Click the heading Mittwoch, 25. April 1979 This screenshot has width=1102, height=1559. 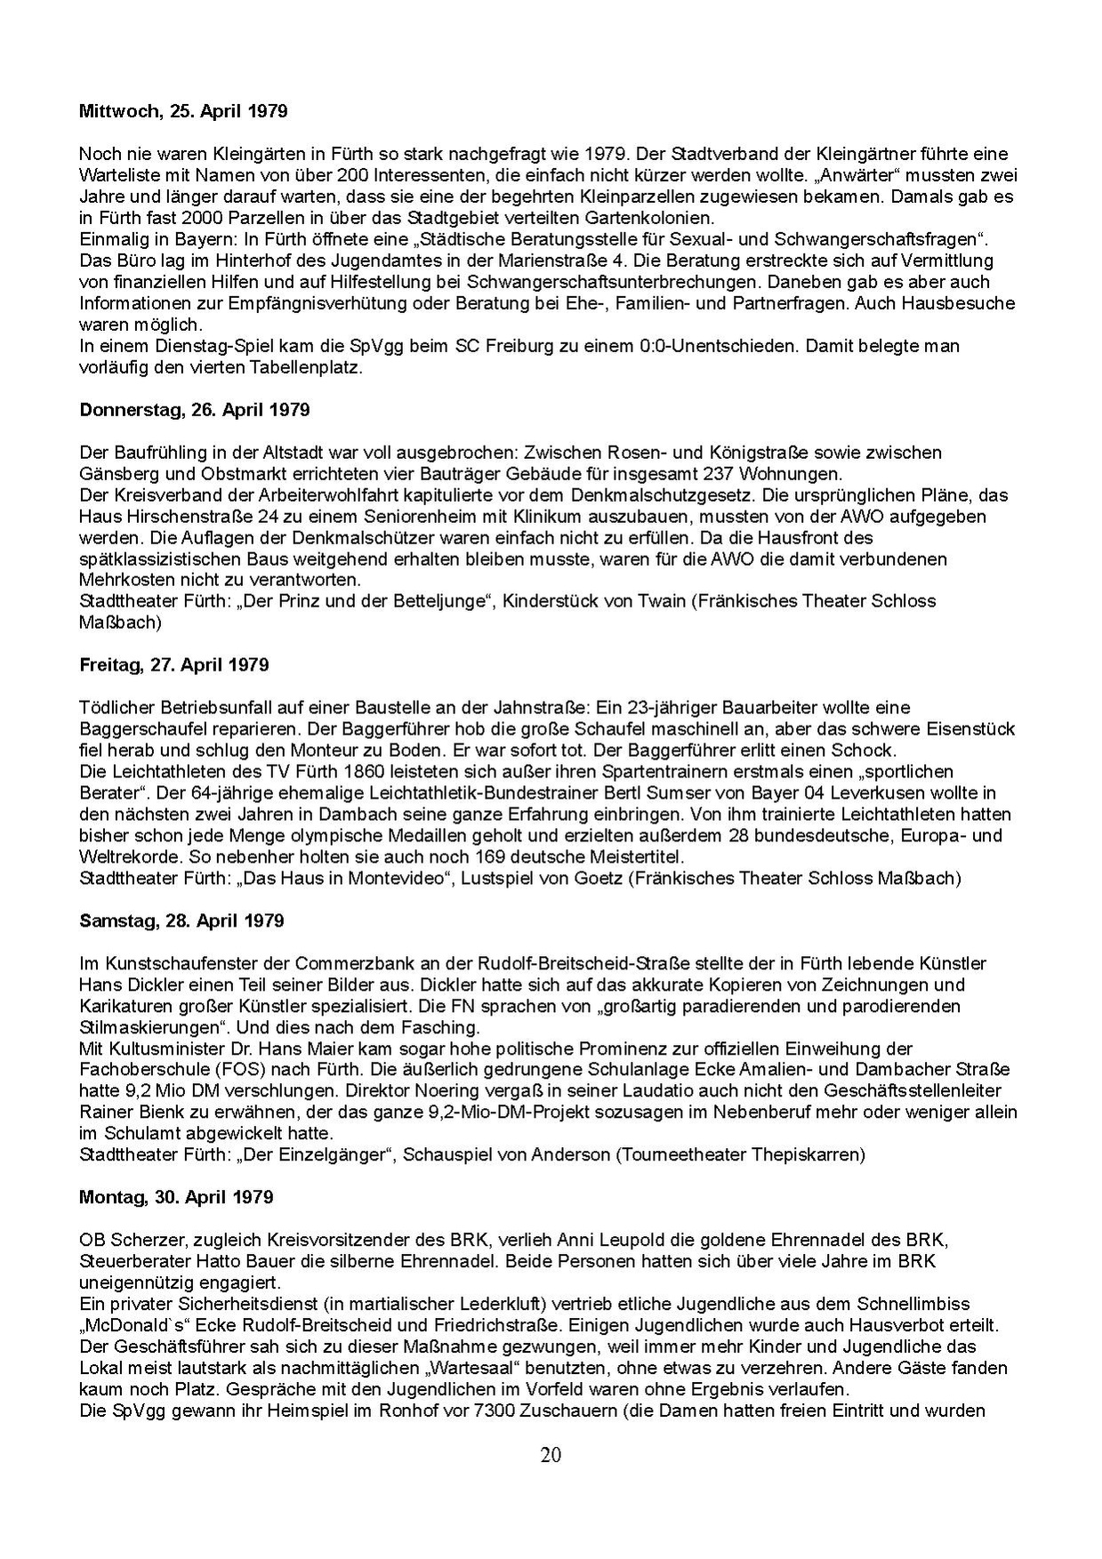pos(183,112)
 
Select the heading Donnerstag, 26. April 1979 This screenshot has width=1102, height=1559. pos(195,410)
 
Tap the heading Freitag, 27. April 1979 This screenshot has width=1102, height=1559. pos(173,665)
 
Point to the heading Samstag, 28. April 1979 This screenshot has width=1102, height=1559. pos(181,920)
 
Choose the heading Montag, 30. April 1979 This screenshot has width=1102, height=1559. pos(176,1197)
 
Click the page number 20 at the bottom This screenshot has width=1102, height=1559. pos(551,1456)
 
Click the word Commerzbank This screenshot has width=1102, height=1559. pos(345,964)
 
